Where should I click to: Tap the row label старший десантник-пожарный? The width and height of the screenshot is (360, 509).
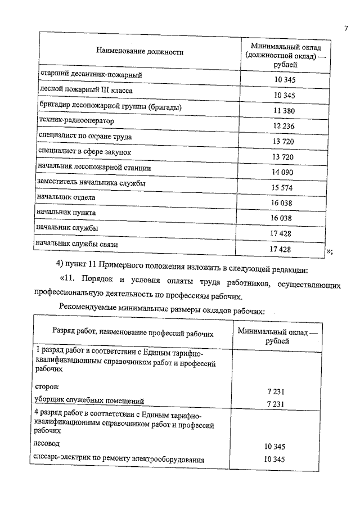(90, 74)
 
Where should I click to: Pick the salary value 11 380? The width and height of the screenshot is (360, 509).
(283, 111)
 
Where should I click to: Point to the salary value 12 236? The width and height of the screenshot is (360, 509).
(283, 127)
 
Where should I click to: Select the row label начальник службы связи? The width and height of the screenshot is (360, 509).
(76, 244)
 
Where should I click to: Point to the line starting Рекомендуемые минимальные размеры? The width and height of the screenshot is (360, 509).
(161, 307)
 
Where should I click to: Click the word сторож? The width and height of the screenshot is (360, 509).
(46, 388)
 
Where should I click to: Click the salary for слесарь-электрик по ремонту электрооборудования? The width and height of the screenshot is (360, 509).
(275, 460)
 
